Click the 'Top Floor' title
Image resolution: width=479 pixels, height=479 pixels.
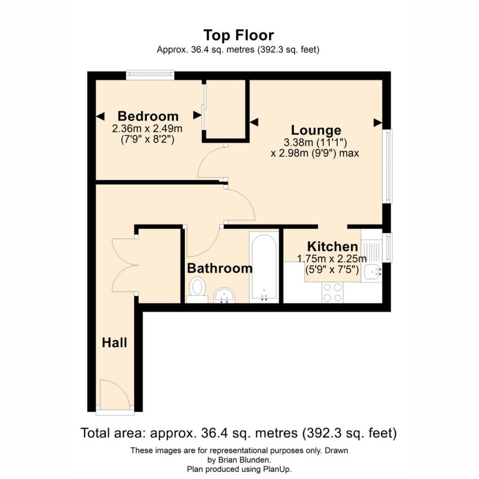239,35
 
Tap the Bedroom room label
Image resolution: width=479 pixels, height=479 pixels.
148,116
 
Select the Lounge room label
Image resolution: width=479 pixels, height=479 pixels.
316,130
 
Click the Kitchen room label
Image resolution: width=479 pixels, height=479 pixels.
333,247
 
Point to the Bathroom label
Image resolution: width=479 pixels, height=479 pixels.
220,268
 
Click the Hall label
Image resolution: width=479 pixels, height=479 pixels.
114,342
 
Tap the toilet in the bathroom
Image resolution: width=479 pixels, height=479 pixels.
197,290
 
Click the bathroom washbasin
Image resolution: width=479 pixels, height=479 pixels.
224,295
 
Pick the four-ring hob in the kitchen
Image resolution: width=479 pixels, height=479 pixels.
333,292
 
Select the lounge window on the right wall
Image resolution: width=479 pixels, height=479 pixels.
387,166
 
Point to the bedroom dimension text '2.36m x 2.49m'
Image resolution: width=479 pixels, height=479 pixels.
147,129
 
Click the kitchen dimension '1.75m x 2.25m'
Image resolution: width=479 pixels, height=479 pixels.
332,259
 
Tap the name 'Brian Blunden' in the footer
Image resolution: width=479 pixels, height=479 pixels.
243,459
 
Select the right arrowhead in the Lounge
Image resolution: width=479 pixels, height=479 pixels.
378,123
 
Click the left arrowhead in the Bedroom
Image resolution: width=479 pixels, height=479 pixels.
101,116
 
